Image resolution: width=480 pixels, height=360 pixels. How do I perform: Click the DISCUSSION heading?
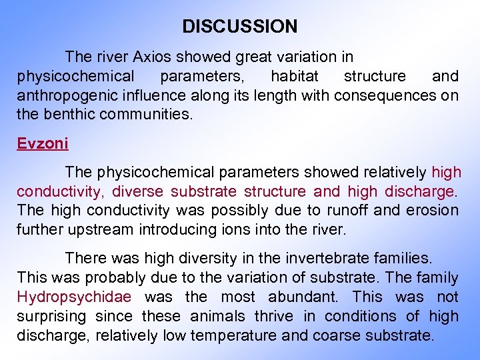[240, 27]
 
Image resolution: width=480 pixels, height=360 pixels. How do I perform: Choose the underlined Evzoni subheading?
[43, 143]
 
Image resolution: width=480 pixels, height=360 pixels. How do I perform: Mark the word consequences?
[386, 95]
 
